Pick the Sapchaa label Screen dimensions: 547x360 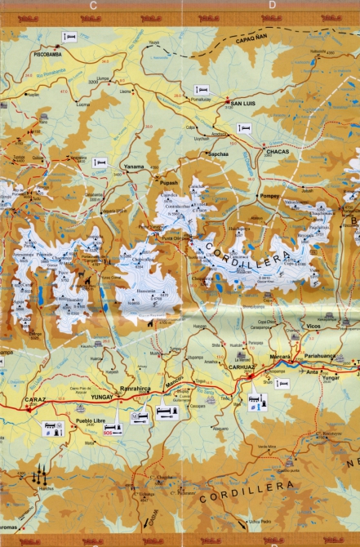(219, 153)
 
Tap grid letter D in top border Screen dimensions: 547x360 (272, 5)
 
